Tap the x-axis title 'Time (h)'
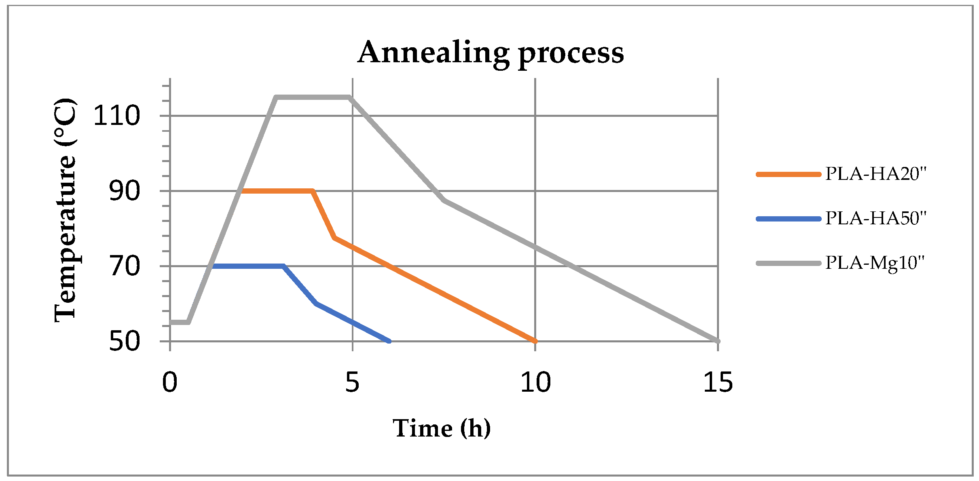click(442, 428)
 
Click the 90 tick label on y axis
click(124, 191)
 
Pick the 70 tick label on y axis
click(124, 266)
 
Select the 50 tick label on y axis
click(124, 342)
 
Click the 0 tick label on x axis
click(170, 382)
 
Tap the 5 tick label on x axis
click(352, 382)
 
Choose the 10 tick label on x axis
click(535, 382)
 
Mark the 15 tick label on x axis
click(718, 382)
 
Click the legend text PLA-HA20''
click(875, 174)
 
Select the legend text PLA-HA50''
click(875, 219)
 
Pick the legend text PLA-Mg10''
click(875, 263)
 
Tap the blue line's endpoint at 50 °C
click(389, 341)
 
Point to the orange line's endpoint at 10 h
click(535, 341)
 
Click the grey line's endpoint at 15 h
click(718, 341)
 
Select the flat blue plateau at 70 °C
click(247, 266)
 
